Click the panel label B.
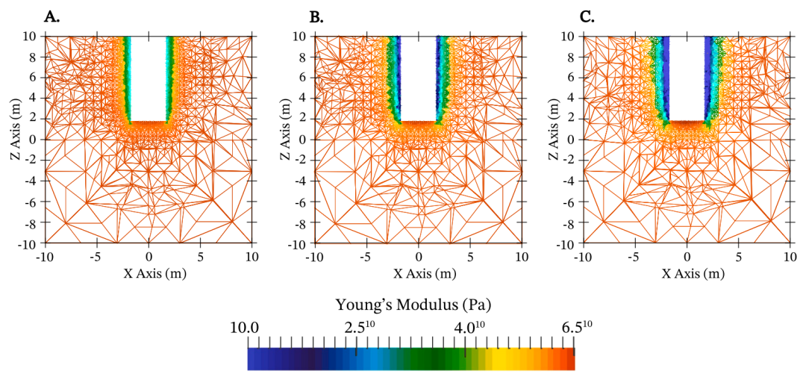(316, 17)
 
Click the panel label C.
(587, 17)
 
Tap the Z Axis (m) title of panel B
(287, 139)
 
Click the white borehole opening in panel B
(418, 75)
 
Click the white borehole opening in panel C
(687, 75)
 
